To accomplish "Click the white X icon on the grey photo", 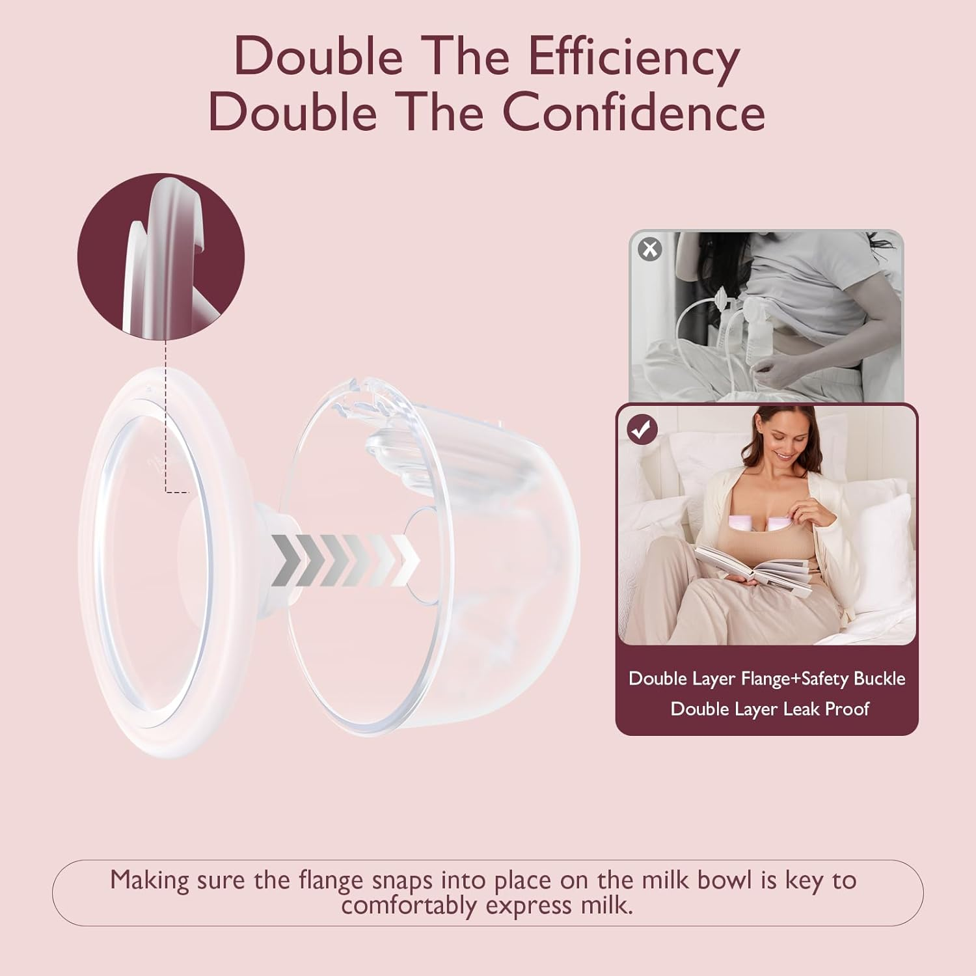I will pyautogui.click(x=650, y=249).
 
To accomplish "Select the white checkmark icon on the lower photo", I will pyautogui.click(x=642, y=429).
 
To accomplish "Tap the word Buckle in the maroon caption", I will pyautogui.click(x=879, y=679).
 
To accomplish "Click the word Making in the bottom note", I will pyautogui.click(x=148, y=880).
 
